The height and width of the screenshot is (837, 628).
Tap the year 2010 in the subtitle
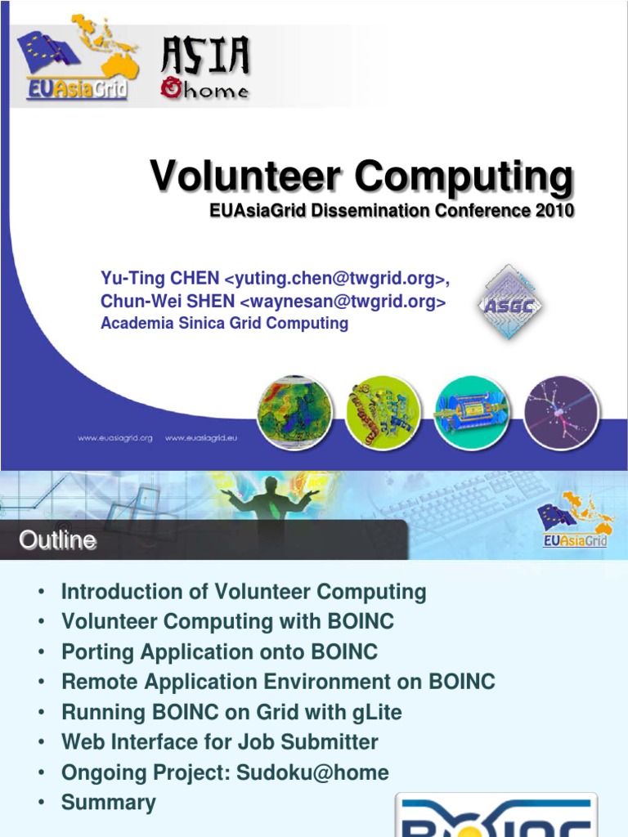[x=555, y=211]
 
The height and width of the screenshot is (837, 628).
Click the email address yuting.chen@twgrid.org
[x=334, y=280]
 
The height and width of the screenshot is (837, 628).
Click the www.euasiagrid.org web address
[x=115, y=438]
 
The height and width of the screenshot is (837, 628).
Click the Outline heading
[x=57, y=540]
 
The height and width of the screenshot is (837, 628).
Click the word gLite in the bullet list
[x=377, y=712]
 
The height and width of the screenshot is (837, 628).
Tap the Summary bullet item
[x=108, y=803]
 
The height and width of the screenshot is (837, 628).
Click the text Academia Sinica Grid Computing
[x=224, y=324]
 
